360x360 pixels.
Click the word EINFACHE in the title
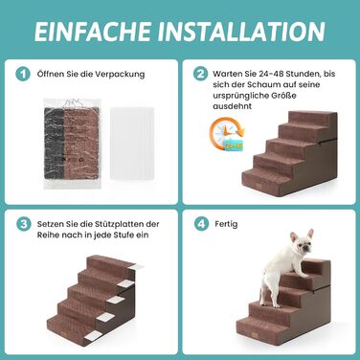tap(92, 32)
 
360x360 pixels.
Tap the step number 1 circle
tap(23, 74)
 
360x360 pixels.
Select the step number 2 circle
tap(200, 74)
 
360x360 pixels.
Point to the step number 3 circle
tap(24, 224)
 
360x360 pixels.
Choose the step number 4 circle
tap(202, 224)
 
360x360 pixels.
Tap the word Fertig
tap(226, 224)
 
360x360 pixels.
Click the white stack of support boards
tap(132, 143)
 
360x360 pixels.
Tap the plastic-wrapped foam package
tap(73, 144)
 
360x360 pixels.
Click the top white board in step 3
tap(136, 266)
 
